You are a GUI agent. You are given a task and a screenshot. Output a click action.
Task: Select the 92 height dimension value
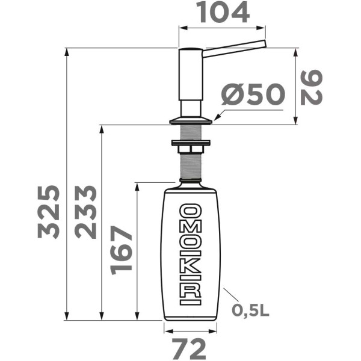coord(313,87)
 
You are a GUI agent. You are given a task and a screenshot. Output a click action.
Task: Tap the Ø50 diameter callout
coord(252,95)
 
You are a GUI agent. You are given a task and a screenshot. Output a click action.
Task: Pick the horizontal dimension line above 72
coord(190,330)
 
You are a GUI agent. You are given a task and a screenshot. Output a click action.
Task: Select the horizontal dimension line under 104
coord(223,28)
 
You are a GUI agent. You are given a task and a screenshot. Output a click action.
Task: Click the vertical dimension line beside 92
coord(295,86)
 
